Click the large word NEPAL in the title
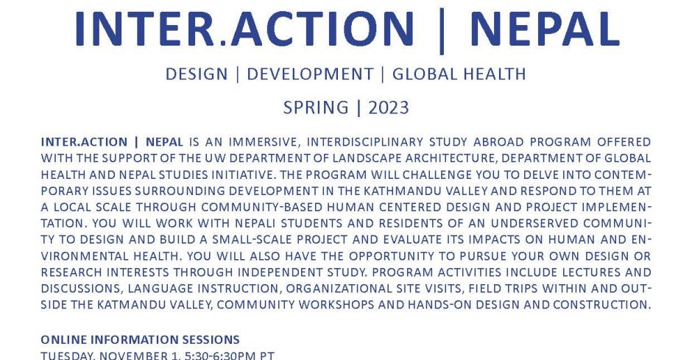point(545,29)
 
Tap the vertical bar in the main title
point(441,30)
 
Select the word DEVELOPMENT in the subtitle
point(310,74)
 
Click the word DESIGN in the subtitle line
point(197,74)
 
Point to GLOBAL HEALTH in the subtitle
point(459,74)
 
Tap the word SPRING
point(316,107)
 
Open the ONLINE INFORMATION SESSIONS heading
point(141,339)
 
